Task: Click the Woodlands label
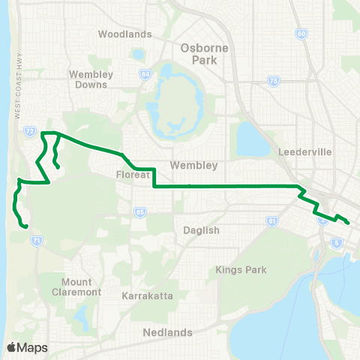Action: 124,34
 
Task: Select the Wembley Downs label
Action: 91,80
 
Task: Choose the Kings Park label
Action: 236,268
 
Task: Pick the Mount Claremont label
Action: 76,287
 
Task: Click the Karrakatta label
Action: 147,296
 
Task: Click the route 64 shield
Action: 144,74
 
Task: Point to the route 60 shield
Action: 301,34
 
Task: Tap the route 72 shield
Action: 29,130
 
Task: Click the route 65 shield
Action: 139,212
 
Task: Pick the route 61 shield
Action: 271,221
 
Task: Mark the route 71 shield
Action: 37,240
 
